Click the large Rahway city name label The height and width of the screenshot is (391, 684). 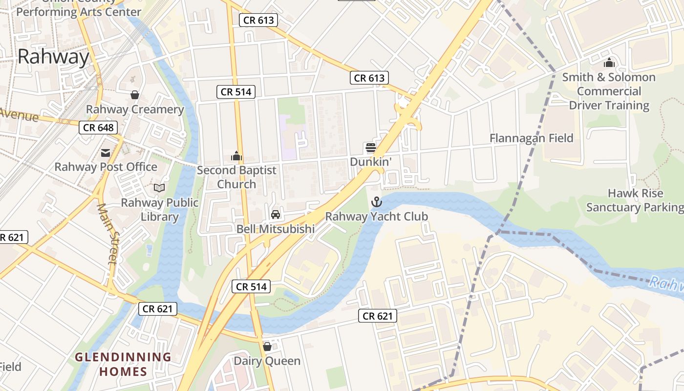[x=53, y=57]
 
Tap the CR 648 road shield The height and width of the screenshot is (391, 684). [x=98, y=128]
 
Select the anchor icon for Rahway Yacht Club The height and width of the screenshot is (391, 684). [x=376, y=201]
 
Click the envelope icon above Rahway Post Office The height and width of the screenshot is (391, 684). [x=106, y=153]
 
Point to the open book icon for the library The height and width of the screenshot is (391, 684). [x=159, y=188]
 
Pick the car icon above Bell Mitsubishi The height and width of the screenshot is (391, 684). [x=276, y=215]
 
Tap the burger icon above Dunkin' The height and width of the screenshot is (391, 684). [x=370, y=147]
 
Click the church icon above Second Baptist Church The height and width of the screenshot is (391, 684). [x=236, y=156]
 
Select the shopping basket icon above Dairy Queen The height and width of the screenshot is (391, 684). [x=267, y=347]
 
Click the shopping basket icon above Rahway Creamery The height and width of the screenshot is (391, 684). [x=135, y=95]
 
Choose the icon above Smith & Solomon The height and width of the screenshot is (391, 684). [x=609, y=63]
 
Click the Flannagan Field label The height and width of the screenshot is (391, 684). [x=531, y=138]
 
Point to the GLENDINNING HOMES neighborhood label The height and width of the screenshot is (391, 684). [x=123, y=364]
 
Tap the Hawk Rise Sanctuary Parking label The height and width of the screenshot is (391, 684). [x=635, y=200]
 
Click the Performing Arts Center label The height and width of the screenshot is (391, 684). [x=79, y=12]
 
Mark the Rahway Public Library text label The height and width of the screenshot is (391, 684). [x=160, y=210]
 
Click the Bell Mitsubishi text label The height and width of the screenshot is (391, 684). [x=276, y=229]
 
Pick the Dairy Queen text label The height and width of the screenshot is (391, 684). [x=267, y=361]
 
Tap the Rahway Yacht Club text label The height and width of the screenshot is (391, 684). [x=376, y=216]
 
